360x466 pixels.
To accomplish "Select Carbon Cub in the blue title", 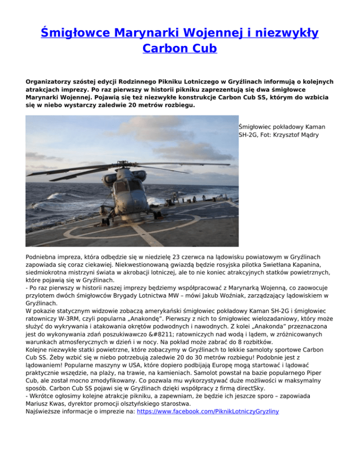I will click(x=180, y=48).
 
